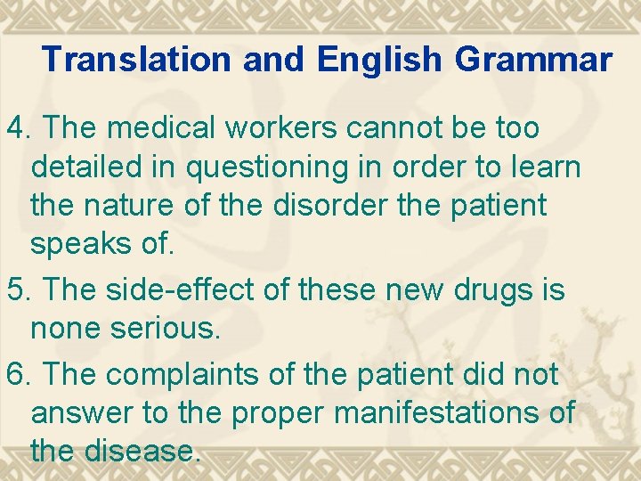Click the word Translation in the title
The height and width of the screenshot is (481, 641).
pyautogui.click(x=129, y=60)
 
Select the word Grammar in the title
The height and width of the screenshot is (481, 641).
pyautogui.click(x=533, y=60)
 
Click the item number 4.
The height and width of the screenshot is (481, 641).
pyautogui.click(x=19, y=128)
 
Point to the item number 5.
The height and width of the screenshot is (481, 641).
pyautogui.click(x=19, y=289)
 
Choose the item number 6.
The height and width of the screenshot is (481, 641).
pyautogui.click(x=19, y=375)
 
